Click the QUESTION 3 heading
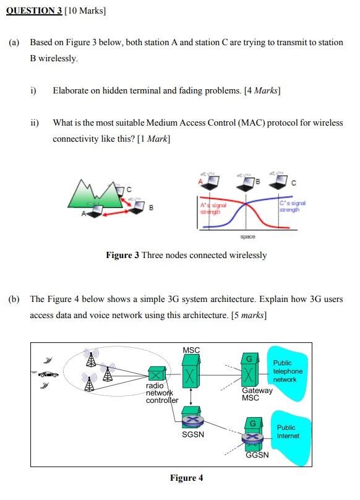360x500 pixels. point(35,11)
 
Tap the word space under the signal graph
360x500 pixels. point(247,236)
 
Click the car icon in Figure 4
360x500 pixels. point(48,374)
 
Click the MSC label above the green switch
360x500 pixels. point(191,350)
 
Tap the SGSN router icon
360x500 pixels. point(192,421)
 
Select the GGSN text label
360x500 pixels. point(257,455)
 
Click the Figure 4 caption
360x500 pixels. point(186,478)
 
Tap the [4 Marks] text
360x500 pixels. point(262,90)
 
